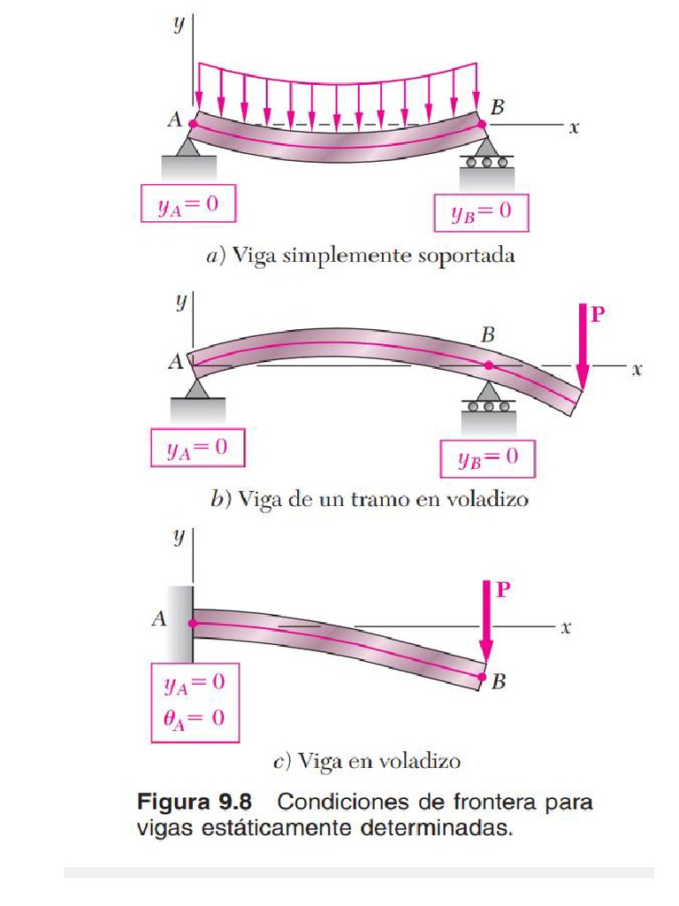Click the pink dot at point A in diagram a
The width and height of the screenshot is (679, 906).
pos(193,123)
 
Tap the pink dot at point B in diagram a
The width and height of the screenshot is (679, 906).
pos(482,124)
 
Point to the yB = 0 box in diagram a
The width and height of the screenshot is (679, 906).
pos(481,212)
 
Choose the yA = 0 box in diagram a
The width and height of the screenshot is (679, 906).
pos(188,203)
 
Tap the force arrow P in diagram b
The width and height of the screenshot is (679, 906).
pos(584,348)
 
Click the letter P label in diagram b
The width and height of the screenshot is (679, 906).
pos(598,314)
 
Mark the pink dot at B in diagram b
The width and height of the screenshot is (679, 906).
pos(489,365)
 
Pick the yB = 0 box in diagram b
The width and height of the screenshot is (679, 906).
pos(488,459)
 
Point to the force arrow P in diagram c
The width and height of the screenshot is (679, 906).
pos(487,622)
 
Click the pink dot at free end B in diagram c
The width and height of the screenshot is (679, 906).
pos(482,677)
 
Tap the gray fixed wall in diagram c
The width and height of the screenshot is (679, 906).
pos(180,624)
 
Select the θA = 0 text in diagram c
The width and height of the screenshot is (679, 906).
pos(194,718)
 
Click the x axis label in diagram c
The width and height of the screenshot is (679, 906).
pos(566,627)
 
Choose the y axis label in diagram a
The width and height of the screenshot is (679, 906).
pos(179,24)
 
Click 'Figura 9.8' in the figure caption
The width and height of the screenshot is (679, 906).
pos(195,802)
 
